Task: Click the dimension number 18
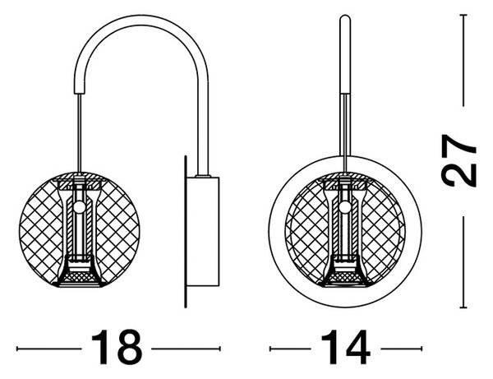coord(117,347)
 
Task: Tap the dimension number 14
coord(346,347)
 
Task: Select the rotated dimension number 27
coord(459,161)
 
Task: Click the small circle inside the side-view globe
coord(80,207)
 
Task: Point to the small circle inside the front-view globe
coord(345,207)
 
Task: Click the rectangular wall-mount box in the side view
coord(203,232)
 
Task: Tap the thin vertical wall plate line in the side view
coord(185,232)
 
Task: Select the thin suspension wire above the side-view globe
coord(80,133)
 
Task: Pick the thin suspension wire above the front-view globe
coord(345,133)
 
